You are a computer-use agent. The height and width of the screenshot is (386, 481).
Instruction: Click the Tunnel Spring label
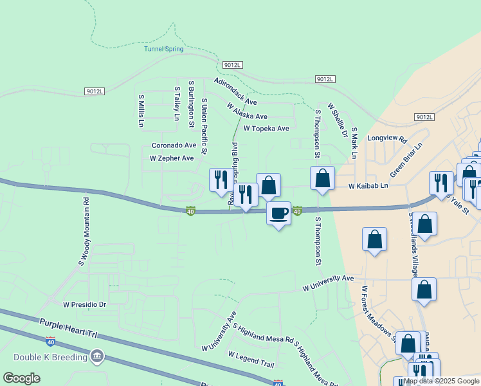point(163,49)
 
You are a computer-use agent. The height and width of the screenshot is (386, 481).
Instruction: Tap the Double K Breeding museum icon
point(97,356)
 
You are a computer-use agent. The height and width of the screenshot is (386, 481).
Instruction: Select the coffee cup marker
point(278,213)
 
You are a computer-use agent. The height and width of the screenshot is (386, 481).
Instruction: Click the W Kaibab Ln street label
point(368,186)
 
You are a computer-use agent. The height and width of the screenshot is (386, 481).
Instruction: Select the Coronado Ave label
point(174,145)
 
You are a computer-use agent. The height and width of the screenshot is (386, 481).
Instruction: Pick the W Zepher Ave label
point(172,158)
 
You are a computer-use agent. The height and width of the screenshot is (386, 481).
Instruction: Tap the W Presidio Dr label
point(84,304)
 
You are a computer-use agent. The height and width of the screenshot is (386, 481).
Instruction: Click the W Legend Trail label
point(251,360)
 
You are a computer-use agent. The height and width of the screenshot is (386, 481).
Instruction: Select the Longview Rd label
point(387,138)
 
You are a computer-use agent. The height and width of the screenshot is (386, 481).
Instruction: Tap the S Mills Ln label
point(141,110)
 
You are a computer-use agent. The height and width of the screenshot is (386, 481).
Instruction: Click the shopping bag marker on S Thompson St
point(322,178)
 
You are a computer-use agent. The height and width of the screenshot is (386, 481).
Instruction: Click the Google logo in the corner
point(21,378)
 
